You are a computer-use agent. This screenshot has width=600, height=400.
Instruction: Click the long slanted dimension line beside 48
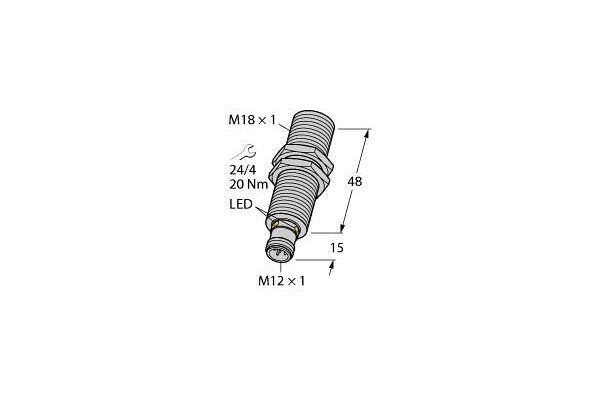(357, 180)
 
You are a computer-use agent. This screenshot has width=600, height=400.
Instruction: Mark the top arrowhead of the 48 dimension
(369, 132)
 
